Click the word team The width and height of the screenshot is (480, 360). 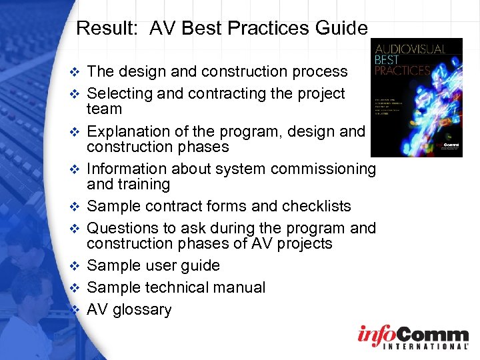coord(105,109)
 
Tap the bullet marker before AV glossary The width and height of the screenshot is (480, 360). coord(76,310)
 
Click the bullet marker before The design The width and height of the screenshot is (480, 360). coord(76,72)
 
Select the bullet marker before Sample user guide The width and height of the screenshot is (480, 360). coord(76,266)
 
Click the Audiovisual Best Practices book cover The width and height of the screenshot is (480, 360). coord(416,97)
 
